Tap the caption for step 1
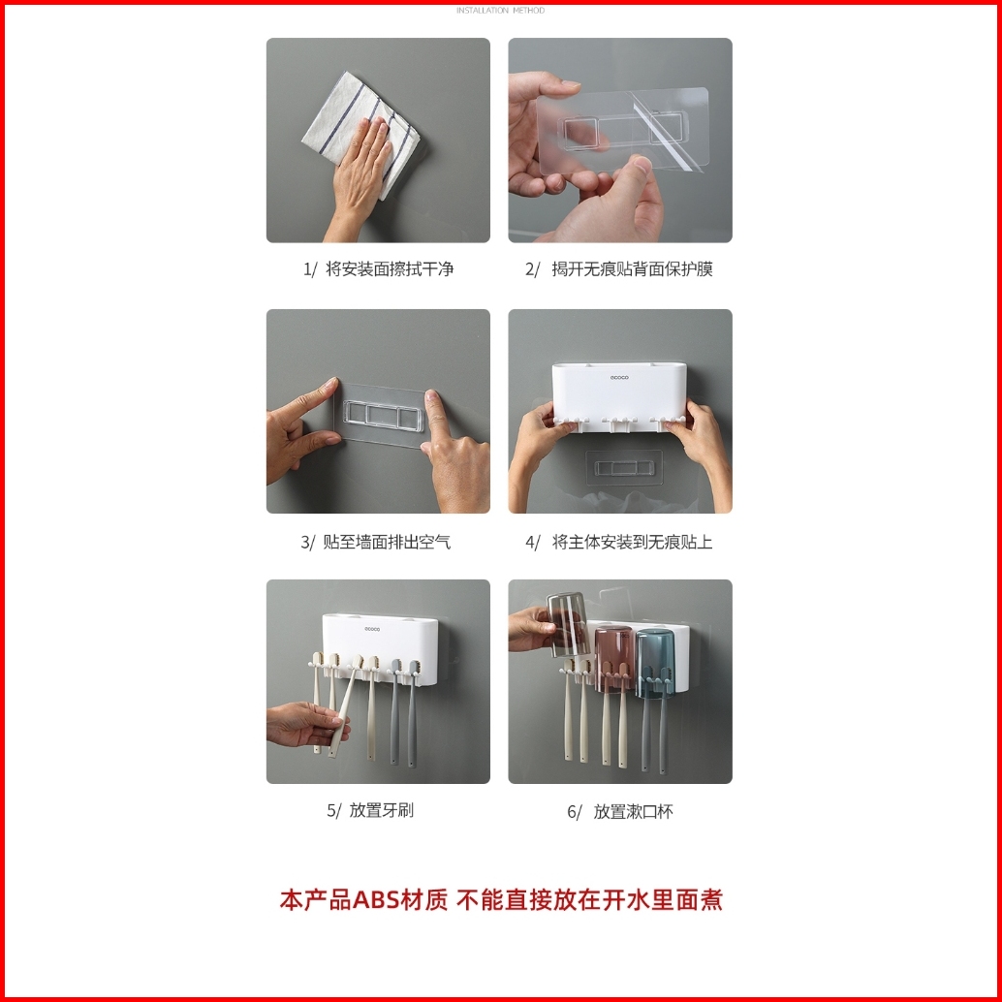tap(378, 269)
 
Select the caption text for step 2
tap(618, 269)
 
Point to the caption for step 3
tap(376, 543)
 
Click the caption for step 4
tap(618, 543)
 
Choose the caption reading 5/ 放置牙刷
tap(370, 810)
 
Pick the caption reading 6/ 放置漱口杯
tap(620, 811)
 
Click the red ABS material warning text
tap(501, 899)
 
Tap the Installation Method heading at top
tap(500, 11)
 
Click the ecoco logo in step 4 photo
tap(618, 378)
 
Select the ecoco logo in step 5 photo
tap(372, 630)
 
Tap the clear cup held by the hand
tap(567, 624)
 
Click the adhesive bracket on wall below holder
tap(624, 468)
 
